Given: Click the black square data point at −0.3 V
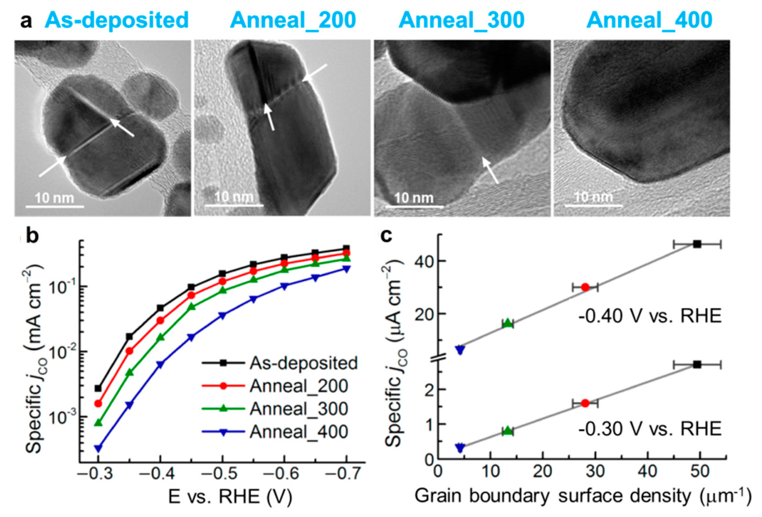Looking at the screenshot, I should [x=98, y=388].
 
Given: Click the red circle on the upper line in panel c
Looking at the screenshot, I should [x=585, y=287].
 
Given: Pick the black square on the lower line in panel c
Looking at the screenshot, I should [x=697, y=365].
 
